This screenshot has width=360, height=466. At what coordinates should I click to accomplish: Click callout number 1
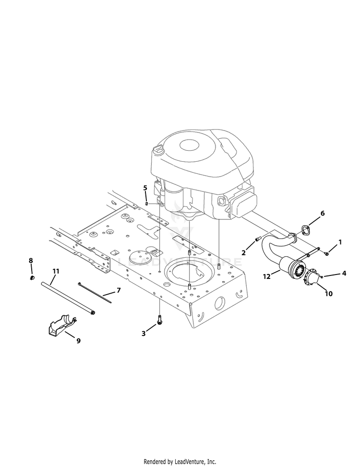(x=340, y=242)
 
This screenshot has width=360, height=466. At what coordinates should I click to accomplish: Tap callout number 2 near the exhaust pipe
(x=243, y=252)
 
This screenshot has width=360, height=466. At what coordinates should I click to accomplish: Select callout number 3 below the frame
(x=144, y=334)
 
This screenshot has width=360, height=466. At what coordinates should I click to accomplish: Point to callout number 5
(x=145, y=188)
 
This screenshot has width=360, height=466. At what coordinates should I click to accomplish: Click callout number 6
(x=322, y=213)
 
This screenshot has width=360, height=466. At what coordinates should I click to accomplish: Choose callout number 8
(x=31, y=261)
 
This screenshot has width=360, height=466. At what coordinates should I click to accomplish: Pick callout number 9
(x=79, y=341)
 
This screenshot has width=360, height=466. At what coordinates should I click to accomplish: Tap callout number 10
(x=328, y=294)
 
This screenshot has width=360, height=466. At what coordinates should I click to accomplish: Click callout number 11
(x=56, y=271)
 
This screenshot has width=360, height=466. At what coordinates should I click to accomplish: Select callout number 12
(x=267, y=276)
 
